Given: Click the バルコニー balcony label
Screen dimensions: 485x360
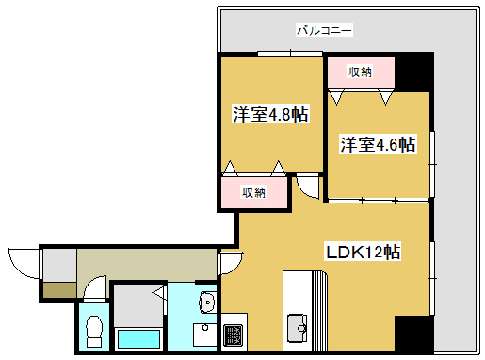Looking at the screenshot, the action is tap(324, 31).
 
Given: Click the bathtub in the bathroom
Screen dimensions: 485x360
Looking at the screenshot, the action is tap(137, 338).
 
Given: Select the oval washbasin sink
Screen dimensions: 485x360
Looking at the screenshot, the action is tap(208, 303).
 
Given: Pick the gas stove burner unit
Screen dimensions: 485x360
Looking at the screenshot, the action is tap(232, 334).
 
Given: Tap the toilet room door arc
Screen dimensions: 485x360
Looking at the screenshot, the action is tap(93, 286).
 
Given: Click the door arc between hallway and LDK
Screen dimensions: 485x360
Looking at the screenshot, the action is tap(230, 262).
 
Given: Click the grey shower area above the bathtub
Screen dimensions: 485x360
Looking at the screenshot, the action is tap(137, 303).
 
